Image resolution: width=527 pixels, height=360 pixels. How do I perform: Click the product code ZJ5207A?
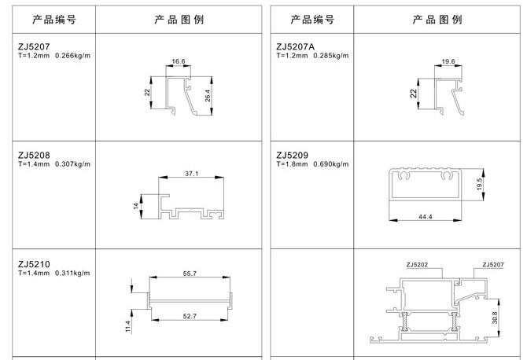(x=296, y=46)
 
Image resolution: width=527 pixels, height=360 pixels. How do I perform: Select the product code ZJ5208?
(x=34, y=155)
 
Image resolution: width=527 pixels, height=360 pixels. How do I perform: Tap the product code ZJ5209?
(x=292, y=155)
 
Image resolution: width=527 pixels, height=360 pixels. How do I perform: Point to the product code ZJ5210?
(x=34, y=264)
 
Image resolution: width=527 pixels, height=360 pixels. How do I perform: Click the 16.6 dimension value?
(x=179, y=61)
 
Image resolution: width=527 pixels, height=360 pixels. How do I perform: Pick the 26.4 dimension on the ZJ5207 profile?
(x=208, y=96)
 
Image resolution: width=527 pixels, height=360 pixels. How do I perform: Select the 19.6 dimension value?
(x=448, y=61)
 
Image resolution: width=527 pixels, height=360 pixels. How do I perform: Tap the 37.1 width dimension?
(x=192, y=174)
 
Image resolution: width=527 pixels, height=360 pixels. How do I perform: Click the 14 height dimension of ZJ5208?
(x=136, y=206)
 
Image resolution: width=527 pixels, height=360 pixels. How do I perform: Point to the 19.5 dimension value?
(x=479, y=185)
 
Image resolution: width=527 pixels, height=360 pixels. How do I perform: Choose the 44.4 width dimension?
(x=426, y=217)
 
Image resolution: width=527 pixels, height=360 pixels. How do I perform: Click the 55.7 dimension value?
(x=190, y=274)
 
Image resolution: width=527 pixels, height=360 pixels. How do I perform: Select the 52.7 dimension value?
(x=190, y=316)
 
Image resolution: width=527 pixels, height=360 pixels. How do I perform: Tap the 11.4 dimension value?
(x=128, y=326)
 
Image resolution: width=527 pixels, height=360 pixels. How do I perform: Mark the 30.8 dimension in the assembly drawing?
(x=495, y=318)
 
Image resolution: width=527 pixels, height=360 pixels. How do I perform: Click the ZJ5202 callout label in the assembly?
(x=417, y=265)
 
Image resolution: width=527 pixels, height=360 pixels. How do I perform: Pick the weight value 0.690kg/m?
(x=331, y=164)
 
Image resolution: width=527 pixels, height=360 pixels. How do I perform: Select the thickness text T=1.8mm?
(x=292, y=164)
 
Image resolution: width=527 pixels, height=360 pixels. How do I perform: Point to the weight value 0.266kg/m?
(x=73, y=56)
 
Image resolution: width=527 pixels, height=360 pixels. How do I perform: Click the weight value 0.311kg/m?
(x=72, y=273)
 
